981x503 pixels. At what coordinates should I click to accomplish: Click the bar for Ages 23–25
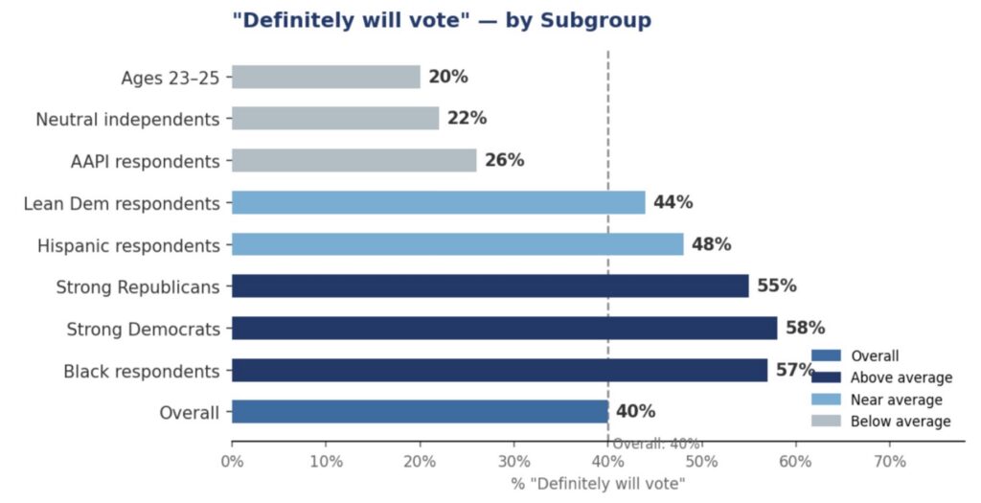(326, 77)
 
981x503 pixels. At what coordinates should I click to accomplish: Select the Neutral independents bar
(335, 119)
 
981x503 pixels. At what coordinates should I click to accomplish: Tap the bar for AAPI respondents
(354, 160)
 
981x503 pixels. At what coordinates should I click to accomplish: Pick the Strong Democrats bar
(504, 328)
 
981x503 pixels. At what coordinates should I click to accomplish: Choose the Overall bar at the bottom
(420, 412)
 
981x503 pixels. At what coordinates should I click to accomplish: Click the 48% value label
(711, 244)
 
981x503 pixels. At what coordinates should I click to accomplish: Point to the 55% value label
(776, 286)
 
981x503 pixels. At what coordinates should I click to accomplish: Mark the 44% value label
(673, 202)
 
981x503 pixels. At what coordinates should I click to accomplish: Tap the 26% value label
(504, 160)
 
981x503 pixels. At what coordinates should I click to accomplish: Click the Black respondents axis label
(142, 371)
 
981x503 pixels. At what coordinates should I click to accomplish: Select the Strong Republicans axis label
(138, 286)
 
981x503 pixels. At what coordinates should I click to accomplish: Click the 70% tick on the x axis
(889, 461)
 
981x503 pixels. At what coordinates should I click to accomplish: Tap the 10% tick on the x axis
(326, 461)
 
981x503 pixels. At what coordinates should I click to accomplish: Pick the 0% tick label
(232, 461)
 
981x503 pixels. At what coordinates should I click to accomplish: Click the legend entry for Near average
(896, 400)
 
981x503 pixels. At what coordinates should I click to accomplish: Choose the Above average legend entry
(901, 377)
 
